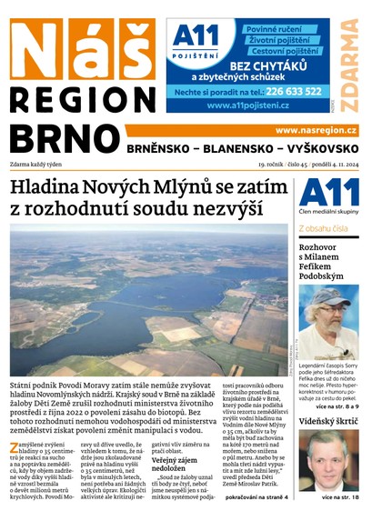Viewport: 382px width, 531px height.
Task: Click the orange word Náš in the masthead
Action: [82, 47]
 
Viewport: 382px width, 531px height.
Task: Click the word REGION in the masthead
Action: [83, 98]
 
